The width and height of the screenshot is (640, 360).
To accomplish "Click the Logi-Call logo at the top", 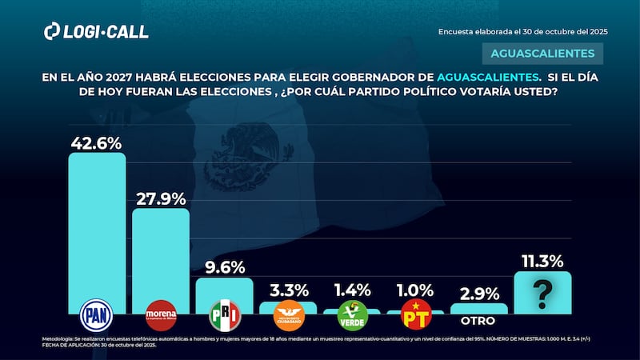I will coord(96,31).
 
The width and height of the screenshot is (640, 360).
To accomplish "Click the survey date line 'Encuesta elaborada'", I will coord(522,31).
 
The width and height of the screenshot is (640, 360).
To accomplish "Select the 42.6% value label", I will coord(96,143).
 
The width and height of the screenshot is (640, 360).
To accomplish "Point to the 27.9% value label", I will coord(160,198).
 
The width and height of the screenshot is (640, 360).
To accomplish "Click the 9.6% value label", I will coord(224,268).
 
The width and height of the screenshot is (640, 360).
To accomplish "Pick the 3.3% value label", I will coord(288,291).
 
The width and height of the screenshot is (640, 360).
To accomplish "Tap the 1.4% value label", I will coord(352,291).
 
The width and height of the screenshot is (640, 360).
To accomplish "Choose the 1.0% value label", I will coord(415,291).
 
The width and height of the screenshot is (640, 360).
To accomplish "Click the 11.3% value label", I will coord(542,261).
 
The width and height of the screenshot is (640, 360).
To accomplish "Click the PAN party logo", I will coord(97,314).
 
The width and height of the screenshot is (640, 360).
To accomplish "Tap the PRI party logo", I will coord(224,315).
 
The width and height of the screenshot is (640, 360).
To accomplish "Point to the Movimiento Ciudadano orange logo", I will coord(288,314).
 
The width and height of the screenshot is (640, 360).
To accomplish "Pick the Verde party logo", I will coord(352,314).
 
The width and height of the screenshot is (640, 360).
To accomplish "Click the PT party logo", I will coord(415,314).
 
